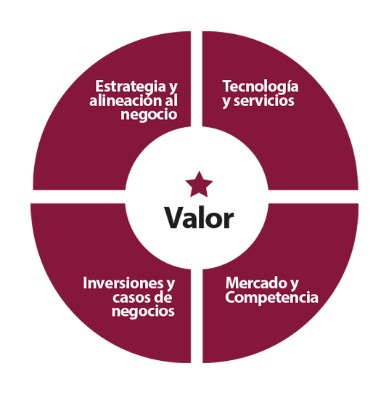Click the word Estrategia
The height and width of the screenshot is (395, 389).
point(130,87)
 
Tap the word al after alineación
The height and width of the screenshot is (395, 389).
point(171,100)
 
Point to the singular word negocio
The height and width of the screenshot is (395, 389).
point(149,115)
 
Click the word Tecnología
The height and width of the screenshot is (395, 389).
point(261,87)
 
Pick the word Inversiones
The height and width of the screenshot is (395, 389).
point(123,283)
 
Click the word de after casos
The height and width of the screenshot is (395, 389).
point(163,297)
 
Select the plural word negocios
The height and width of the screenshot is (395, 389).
point(143,311)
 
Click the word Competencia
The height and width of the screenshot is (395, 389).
point(271,297)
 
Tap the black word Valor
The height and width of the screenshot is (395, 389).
point(199,218)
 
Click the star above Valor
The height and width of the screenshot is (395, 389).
point(199,184)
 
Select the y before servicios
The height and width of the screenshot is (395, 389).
point(226,102)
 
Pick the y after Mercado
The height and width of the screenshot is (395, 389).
point(294,285)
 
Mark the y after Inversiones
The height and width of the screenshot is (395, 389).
point(171,285)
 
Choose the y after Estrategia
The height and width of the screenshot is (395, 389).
point(173,88)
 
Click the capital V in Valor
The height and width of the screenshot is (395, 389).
point(173,218)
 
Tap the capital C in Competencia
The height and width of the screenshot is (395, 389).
point(231,297)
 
